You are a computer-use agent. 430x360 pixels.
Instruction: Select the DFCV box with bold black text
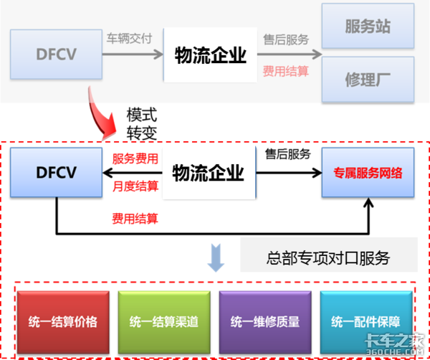(56, 172)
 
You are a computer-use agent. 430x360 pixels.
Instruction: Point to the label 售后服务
(286, 39)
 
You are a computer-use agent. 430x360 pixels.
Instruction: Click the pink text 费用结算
(286, 71)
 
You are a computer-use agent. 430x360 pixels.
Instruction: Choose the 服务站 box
(368, 27)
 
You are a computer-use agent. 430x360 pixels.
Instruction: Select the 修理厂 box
(368, 78)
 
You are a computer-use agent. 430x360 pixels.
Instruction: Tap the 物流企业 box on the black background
(208, 173)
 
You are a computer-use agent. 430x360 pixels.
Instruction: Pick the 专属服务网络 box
(368, 173)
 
